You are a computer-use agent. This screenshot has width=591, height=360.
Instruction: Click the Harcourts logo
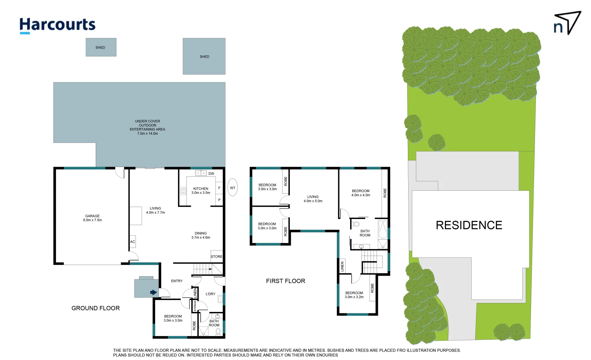click(57, 25)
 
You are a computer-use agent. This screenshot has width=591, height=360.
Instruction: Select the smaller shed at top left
click(101, 47)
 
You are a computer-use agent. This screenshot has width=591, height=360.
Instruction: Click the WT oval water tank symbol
click(232, 188)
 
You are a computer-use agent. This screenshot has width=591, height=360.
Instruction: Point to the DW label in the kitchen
click(211, 174)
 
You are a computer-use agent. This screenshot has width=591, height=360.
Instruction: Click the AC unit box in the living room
click(132, 242)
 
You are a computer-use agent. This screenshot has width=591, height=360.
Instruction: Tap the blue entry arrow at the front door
click(153, 292)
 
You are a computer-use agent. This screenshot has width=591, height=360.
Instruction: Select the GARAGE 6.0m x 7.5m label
click(92, 218)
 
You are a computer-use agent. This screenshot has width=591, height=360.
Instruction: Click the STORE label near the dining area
click(216, 257)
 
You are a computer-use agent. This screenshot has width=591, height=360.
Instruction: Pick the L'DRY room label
click(210, 294)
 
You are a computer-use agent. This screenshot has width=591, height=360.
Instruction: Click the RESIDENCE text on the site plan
click(469, 225)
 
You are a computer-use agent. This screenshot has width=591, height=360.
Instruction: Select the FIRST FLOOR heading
click(285, 281)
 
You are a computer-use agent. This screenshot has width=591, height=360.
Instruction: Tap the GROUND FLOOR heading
click(95, 308)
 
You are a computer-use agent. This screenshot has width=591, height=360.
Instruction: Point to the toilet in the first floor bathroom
click(356, 224)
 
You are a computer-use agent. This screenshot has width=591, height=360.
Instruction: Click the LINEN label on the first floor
click(342, 266)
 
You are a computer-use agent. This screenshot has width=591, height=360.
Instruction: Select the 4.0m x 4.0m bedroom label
click(361, 193)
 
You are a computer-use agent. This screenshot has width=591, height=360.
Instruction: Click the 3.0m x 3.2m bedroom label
click(354, 295)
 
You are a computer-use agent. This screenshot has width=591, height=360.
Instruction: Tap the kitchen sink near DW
click(201, 173)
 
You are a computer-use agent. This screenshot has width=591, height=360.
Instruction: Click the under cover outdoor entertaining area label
click(147, 127)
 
